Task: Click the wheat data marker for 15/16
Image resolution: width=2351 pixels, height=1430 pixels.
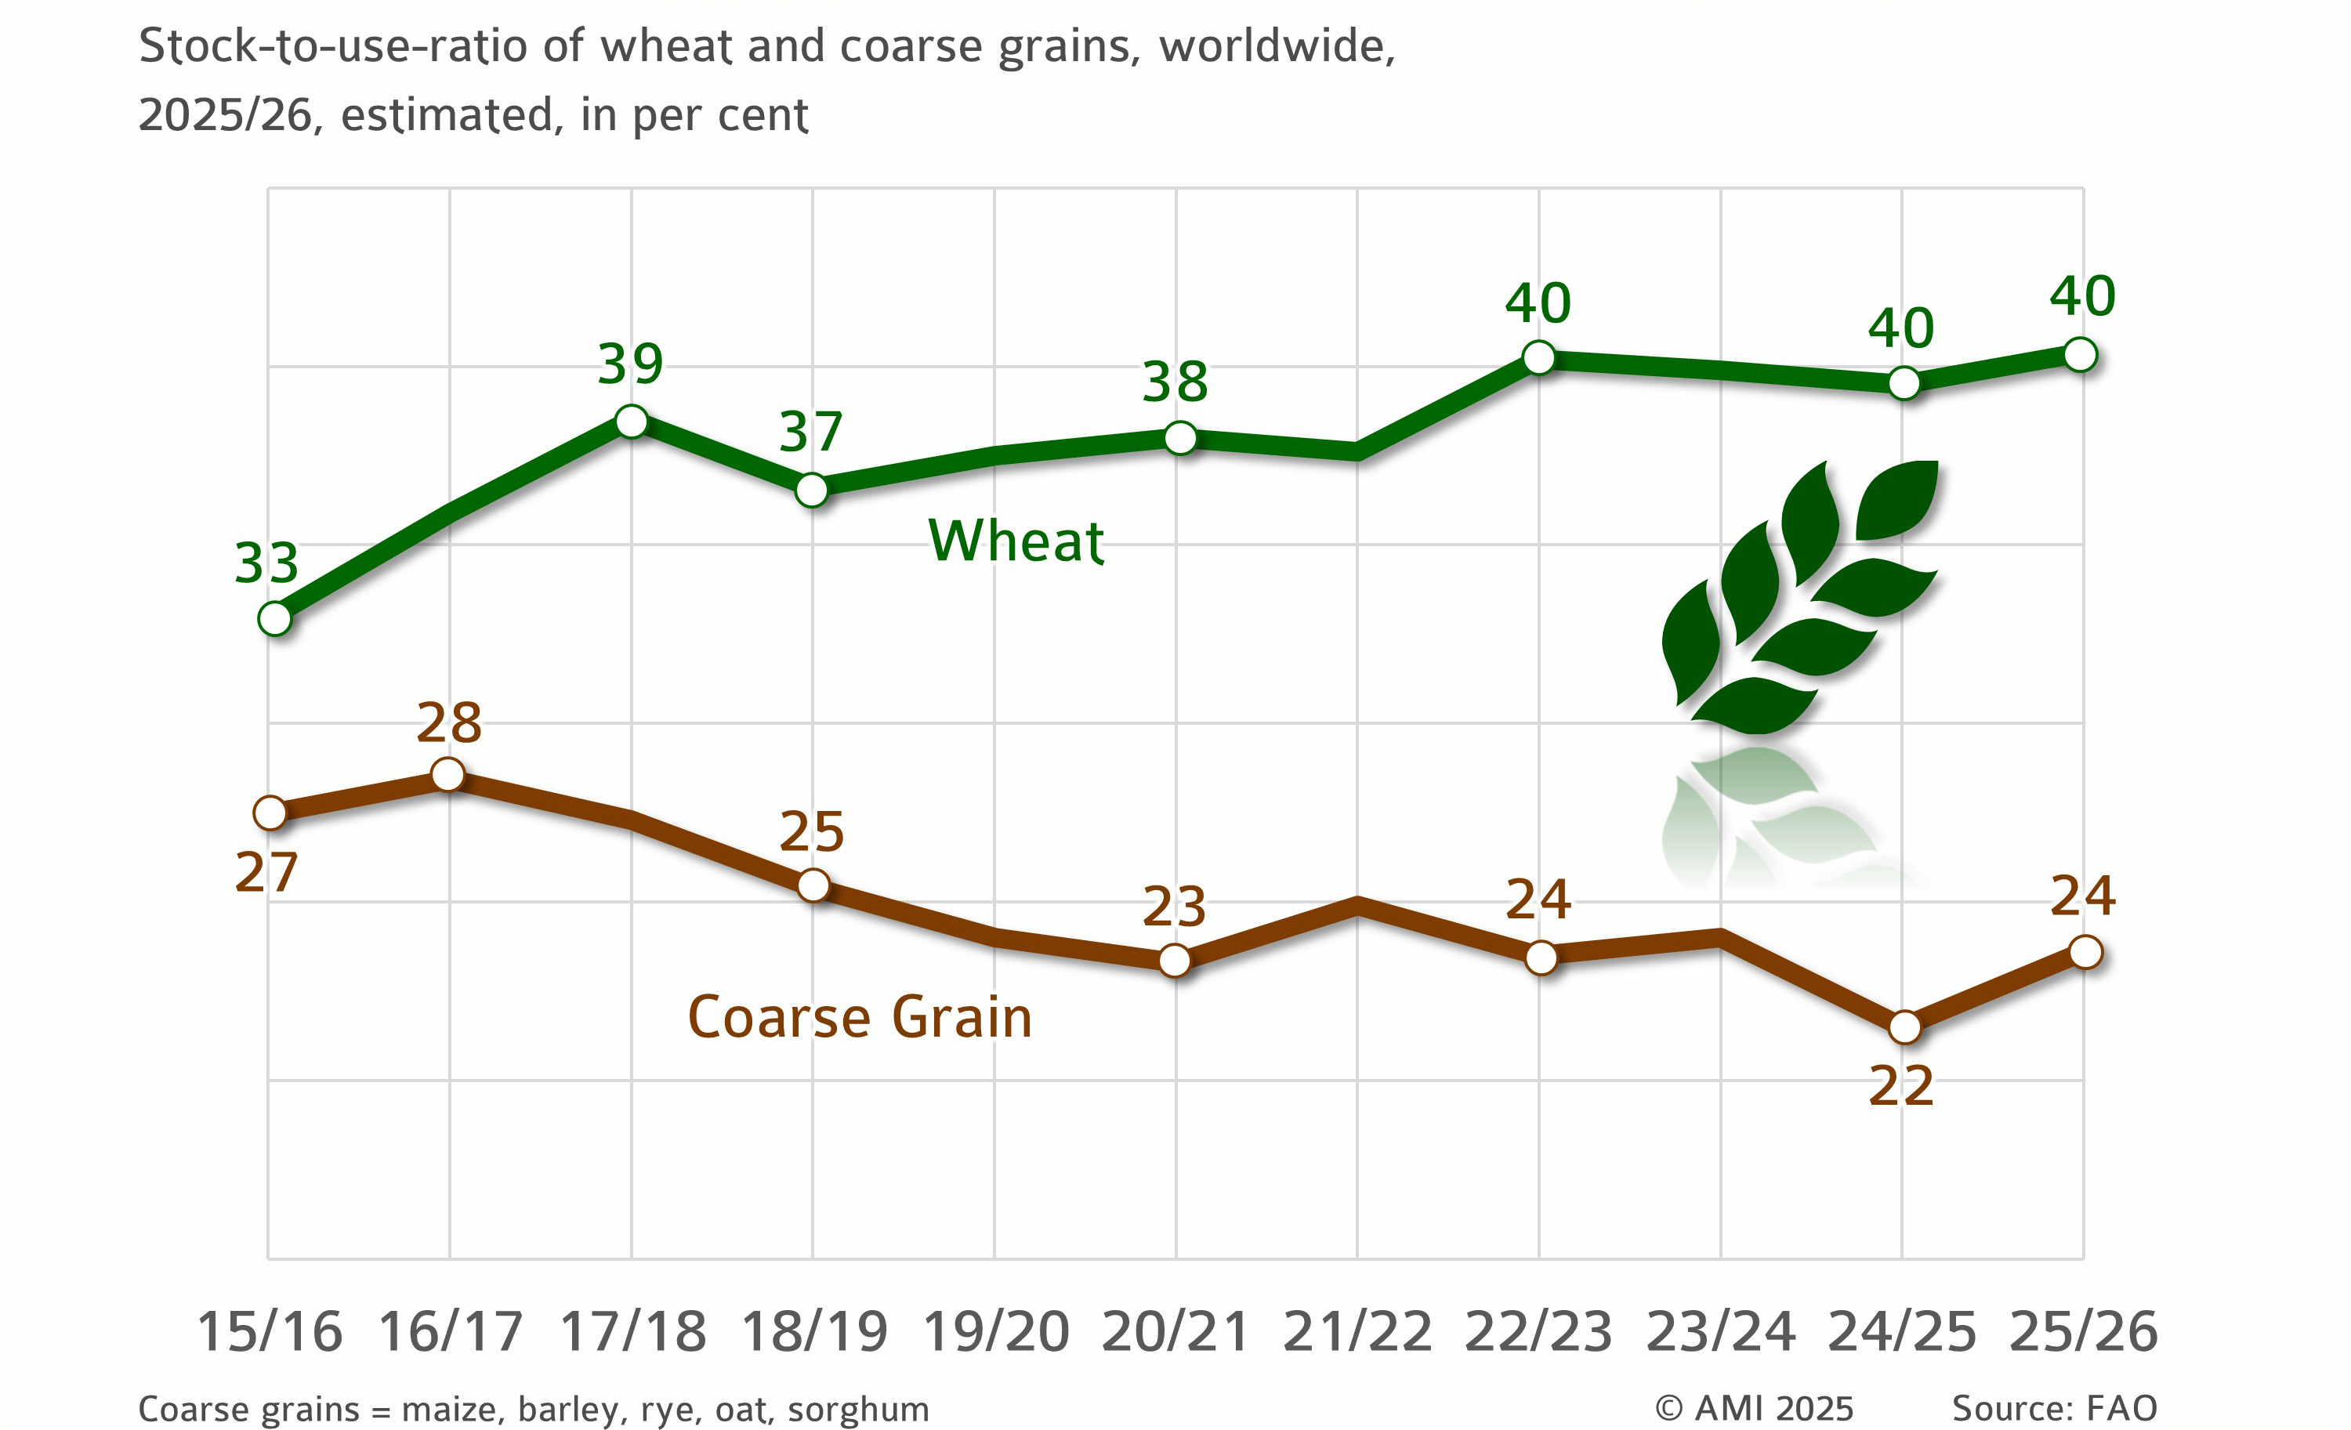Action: [275, 619]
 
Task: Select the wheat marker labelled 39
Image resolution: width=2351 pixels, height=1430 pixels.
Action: [632, 421]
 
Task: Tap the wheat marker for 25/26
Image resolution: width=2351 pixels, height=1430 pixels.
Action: [2080, 354]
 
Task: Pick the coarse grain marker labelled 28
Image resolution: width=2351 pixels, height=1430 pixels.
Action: [448, 775]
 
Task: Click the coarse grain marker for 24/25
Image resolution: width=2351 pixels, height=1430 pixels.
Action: [1904, 1027]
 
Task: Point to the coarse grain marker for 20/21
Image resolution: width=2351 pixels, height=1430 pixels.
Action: [1175, 960]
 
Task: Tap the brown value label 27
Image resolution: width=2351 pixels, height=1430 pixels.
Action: [266, 873]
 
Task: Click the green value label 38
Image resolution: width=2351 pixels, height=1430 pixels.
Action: [1175, 382]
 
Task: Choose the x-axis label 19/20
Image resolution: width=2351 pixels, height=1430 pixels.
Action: [995, 1332]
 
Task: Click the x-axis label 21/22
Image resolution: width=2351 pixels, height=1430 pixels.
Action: [1357, 1332]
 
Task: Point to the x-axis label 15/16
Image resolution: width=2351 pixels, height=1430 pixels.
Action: [269, 1332]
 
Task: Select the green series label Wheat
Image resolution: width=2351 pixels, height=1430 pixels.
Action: [1016, 541]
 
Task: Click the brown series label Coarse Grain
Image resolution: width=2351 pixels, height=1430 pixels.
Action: [860, 1017]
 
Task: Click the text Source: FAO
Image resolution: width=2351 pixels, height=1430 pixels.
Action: [2054, 1408]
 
